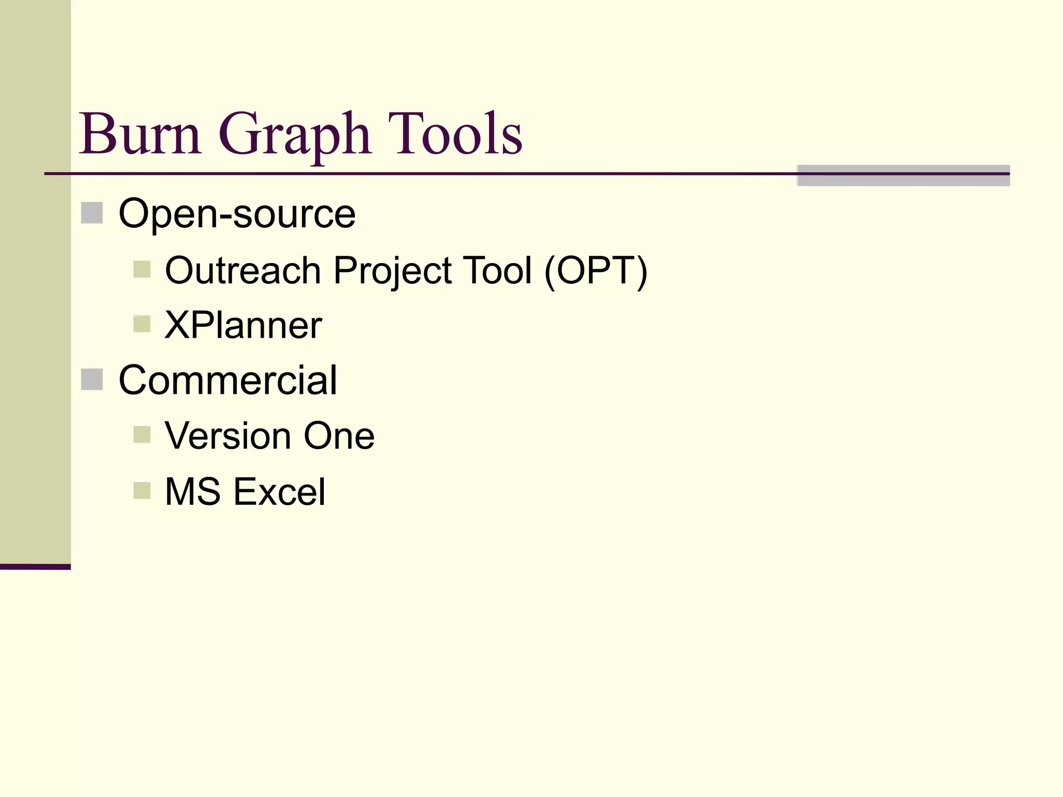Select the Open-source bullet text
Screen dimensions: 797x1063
point(237,213)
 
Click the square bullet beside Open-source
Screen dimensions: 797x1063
point(92,213)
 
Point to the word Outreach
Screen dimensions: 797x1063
point(243,270)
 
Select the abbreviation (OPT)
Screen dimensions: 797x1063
point(596,271)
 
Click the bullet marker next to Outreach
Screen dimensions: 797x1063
point(142,270)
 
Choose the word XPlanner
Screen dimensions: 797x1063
point(243,325)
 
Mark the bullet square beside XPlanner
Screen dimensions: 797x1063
point(142,324)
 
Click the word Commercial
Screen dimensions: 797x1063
point(228,380)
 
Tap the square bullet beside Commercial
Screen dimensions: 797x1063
point(92,379)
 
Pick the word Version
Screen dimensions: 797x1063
point(228,435)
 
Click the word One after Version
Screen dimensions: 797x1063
point(339,435)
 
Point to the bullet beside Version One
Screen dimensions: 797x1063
point(142,435)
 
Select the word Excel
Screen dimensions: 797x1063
point(279,491)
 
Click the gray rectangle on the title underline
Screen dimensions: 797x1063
point(903,175)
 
